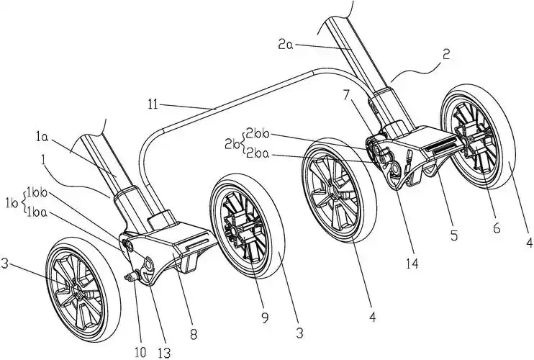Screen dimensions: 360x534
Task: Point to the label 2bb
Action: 256,131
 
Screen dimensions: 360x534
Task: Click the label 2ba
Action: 256,153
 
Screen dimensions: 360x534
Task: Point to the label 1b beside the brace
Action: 10,202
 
